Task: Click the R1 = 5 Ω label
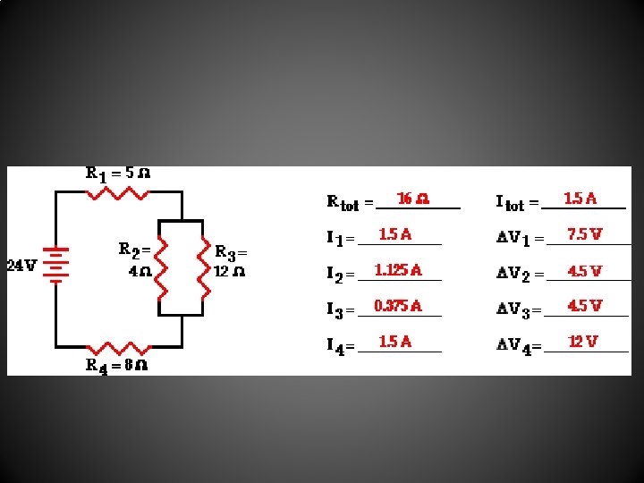click(x=117, y=174)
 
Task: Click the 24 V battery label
click(x=21, y=266)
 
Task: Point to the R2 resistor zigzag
click(x=161, y=267)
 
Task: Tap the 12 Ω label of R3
click(x=230, y=271)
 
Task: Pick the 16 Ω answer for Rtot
click(x=412, y=199)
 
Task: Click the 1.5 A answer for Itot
click(x=580, y=198)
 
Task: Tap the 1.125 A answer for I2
click(x=398, y=270)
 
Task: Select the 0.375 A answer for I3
click(x=398, y=306)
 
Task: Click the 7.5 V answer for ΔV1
click(x=584, y=234)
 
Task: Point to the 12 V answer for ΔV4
click(x=583, y=342)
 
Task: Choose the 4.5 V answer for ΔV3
click(x=584, y=306)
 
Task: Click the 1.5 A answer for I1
click(x=395, y=234)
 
